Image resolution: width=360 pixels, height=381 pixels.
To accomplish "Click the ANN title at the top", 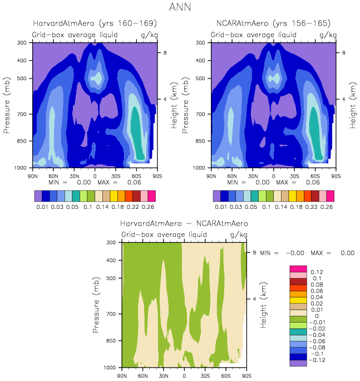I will tap(180, 7).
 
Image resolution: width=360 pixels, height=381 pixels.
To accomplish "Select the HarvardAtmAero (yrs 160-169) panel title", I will tap(95, 23).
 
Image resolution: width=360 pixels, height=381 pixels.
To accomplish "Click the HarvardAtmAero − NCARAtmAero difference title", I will tap(184, 224).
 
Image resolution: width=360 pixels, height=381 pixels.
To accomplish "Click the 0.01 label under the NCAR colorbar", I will tap(220, 207).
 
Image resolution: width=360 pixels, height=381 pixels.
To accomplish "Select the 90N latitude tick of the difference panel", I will tap(122, 375).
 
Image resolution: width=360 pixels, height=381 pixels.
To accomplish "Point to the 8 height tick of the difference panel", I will tap(254, 252).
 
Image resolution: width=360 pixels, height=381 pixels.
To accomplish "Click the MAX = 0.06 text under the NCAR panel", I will tap(295, 182).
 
